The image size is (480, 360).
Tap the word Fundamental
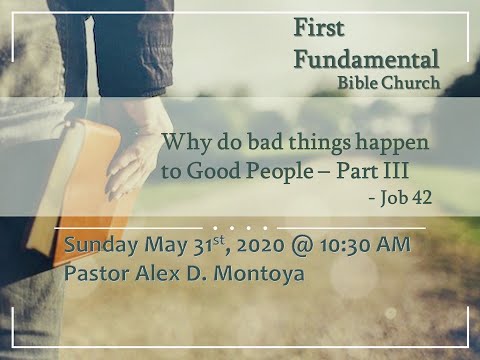coord(365,58)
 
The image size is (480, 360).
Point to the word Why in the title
coord(183,142)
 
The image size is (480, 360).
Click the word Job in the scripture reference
coord(394,198)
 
